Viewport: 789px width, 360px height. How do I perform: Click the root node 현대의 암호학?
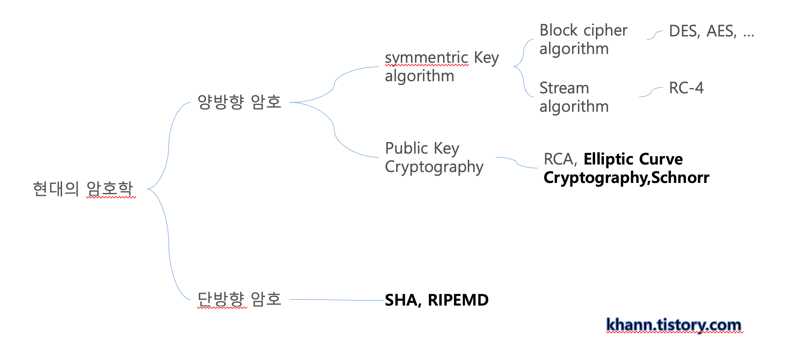[83, 189]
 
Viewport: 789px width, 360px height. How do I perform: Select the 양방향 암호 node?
[239, 102]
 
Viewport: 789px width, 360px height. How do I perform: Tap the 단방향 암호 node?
[239, 299]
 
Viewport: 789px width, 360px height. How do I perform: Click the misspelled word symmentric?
[426, 58]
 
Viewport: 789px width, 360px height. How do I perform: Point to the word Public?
[406, 148]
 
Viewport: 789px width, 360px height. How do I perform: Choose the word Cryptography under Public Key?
[434, 167]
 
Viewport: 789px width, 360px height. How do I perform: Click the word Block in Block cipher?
[559, 31]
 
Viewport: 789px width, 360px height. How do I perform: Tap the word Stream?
[564, 88]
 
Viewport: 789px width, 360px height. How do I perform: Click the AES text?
[721, 31]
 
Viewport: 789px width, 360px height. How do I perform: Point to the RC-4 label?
[686, 88]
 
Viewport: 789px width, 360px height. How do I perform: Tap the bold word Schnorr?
[680, 177]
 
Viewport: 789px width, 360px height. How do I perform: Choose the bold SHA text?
[402, 300]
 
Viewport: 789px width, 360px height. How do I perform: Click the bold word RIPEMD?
[458, 300]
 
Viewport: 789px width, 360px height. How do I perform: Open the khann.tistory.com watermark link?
[673, 325]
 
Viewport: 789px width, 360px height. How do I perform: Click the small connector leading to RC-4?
[651, 92]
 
